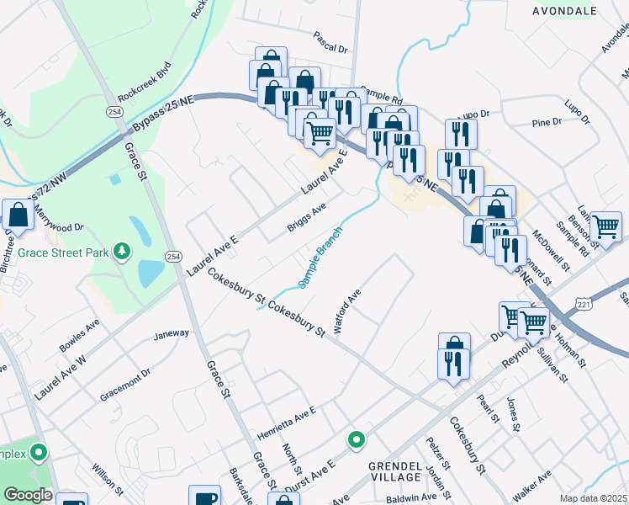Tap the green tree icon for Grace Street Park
[123, 250]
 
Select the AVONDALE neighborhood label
[564, 11]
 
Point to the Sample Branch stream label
[320, 257]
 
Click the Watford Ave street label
[347, 312]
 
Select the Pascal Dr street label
[330, 42]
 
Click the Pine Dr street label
[547, 122]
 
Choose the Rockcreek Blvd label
[145, 82]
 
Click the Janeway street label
[172, 334]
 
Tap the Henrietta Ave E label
[286, 415]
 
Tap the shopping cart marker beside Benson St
[605, 226]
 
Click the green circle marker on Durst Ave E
[357, 439]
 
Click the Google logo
[27, 495]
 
